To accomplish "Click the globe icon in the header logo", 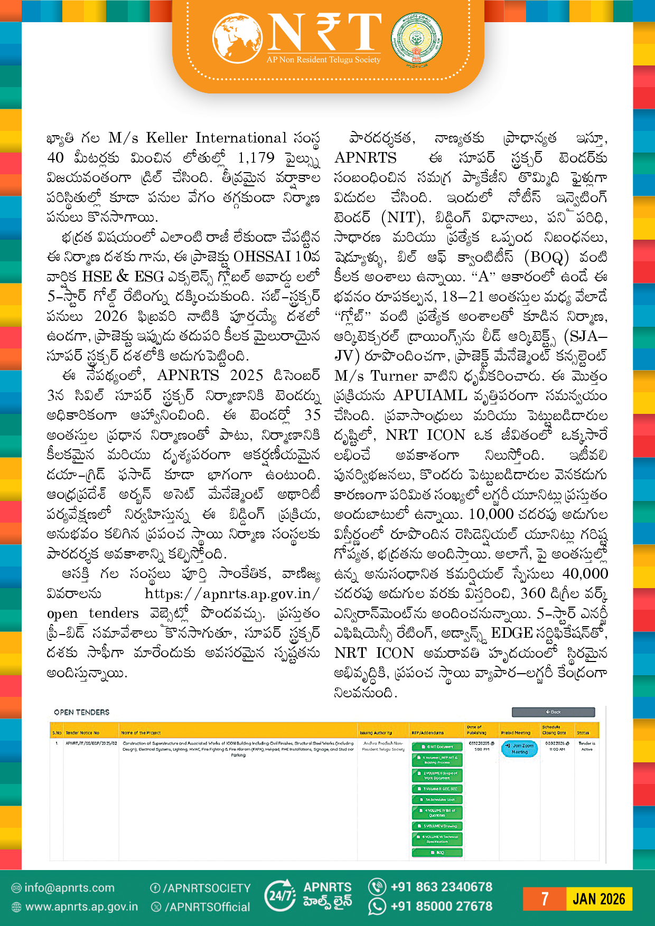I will (x=238, y=38).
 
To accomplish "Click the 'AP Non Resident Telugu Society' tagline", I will (x=323, y=60).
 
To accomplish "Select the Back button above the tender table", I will (x=553, y=712).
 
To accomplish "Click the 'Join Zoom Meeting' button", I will (x=519, y=749).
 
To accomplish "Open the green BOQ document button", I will (x=437, y=852).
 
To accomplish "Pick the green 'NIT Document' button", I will (x=437, y=747).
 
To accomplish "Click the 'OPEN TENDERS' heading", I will (x=81, y=712).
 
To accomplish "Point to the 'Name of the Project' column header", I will (x=141, y=733).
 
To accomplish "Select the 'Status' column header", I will (x=583, y=733).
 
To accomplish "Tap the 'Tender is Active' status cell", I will (x=587, y=746).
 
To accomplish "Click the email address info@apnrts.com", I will (x=69, y=888).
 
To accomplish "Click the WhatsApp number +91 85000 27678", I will (x=441, y=906).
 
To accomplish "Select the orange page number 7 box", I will (x=544, y=899).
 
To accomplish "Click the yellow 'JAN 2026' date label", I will (x=598, y=899).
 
